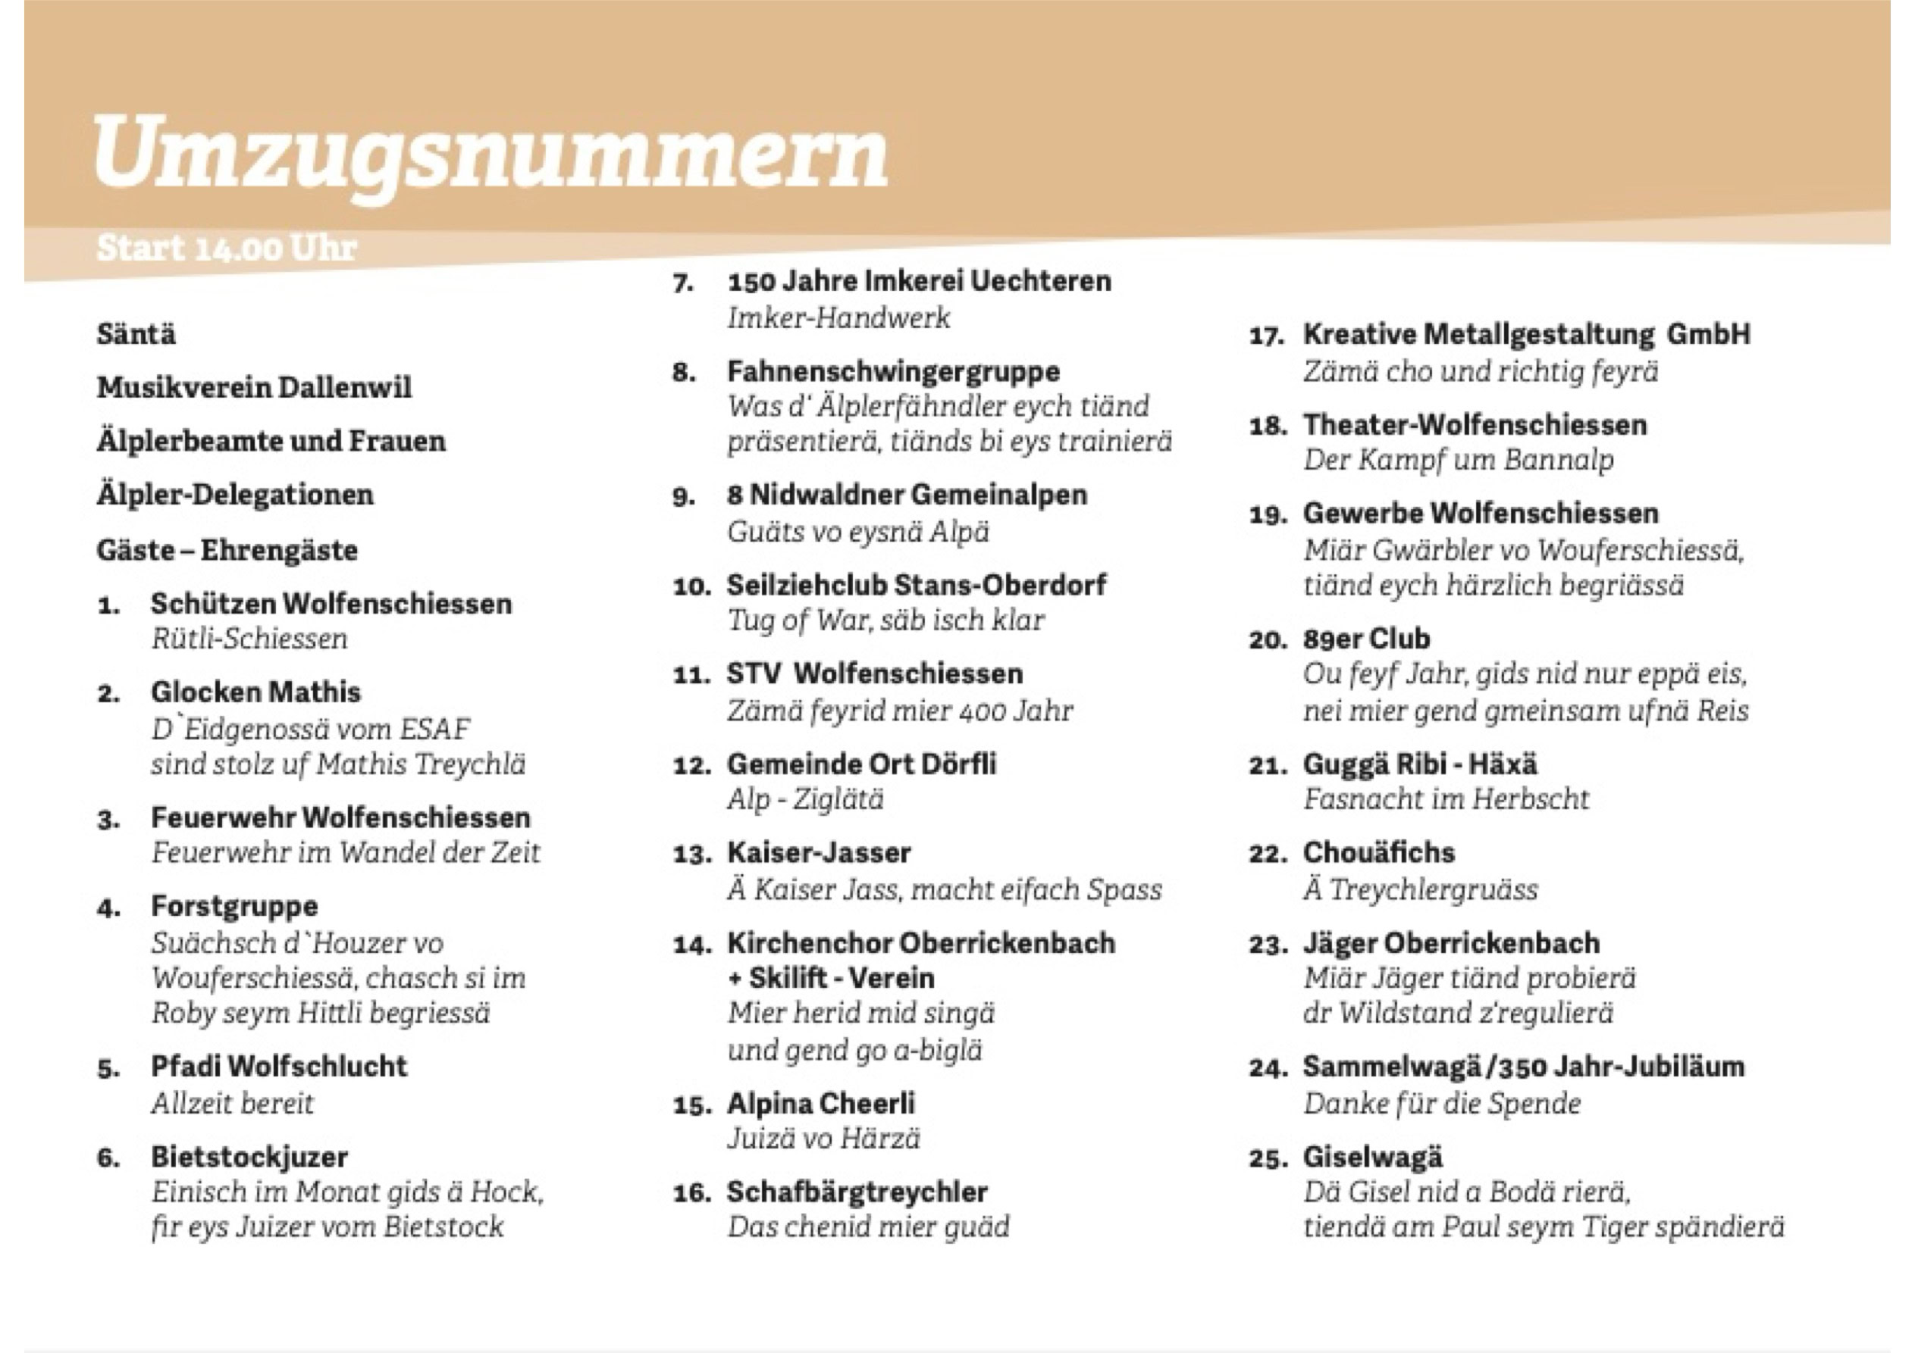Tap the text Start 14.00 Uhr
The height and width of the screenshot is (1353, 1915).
pos(227,248)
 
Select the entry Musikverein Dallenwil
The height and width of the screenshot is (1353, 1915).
pos(255,388)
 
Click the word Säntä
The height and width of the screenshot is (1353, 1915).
pos(136,334)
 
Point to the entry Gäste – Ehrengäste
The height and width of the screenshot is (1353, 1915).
pos(227,550)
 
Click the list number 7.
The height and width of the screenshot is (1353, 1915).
pos(682,283)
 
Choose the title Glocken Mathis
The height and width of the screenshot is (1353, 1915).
pos(255,692)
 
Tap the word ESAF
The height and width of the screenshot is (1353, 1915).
pos(434,730)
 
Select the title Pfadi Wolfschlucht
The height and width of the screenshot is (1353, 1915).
pos(278,1066)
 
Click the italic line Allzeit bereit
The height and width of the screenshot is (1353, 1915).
pos(232,1104)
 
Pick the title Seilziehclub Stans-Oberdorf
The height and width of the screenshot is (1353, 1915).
pos(916,586)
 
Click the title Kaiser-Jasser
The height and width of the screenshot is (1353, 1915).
pos(818,853)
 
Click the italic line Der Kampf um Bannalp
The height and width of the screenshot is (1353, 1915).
pos(1458,460)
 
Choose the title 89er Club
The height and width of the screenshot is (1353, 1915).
pos(1366,639)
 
